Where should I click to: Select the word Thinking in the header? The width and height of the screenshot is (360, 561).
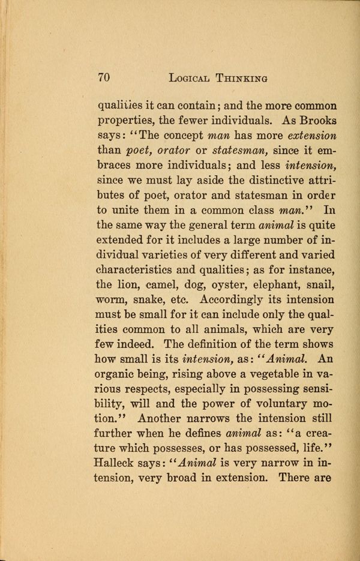point(242,78)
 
